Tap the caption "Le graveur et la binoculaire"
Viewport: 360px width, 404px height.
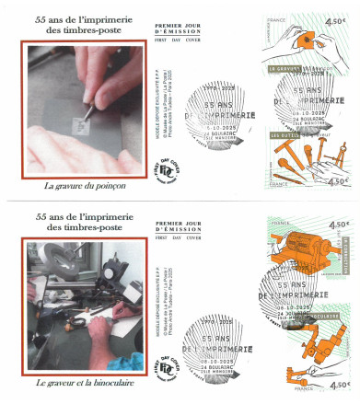click(x=84, y=381)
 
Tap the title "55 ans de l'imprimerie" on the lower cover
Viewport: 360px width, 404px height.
click(x=84, y=215)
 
